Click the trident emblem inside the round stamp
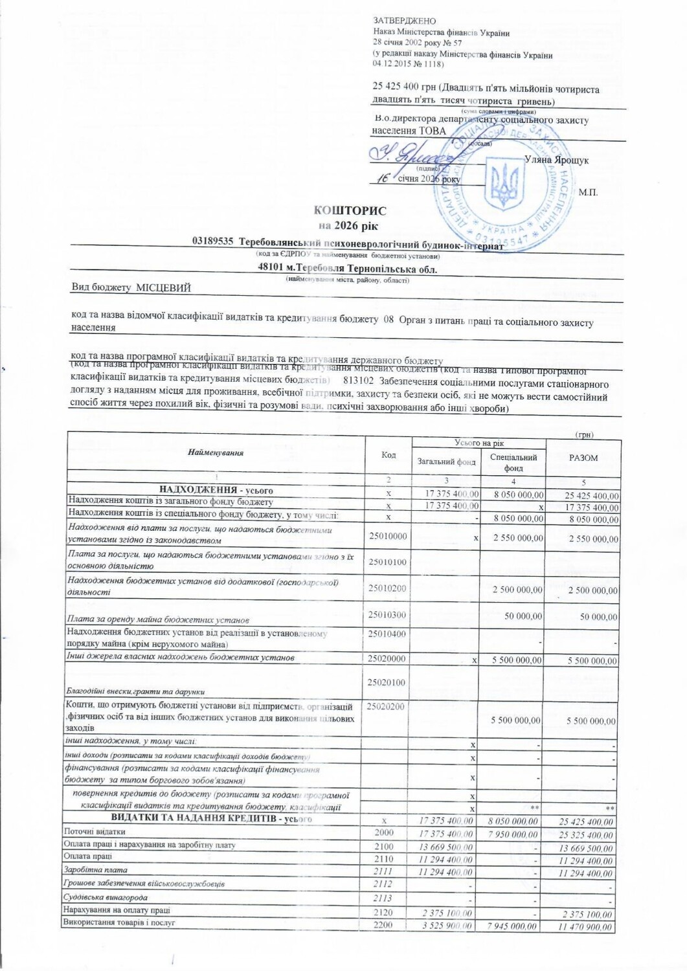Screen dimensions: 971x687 point(501,186)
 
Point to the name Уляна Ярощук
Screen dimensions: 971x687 point(556,160)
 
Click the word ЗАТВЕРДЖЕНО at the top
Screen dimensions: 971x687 point(405,22)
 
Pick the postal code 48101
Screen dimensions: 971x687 point(273,269)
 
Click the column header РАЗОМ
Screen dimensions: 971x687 point(583,458)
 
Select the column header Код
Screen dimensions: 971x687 point(389,455)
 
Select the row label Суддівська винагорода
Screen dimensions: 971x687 point(106,898)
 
